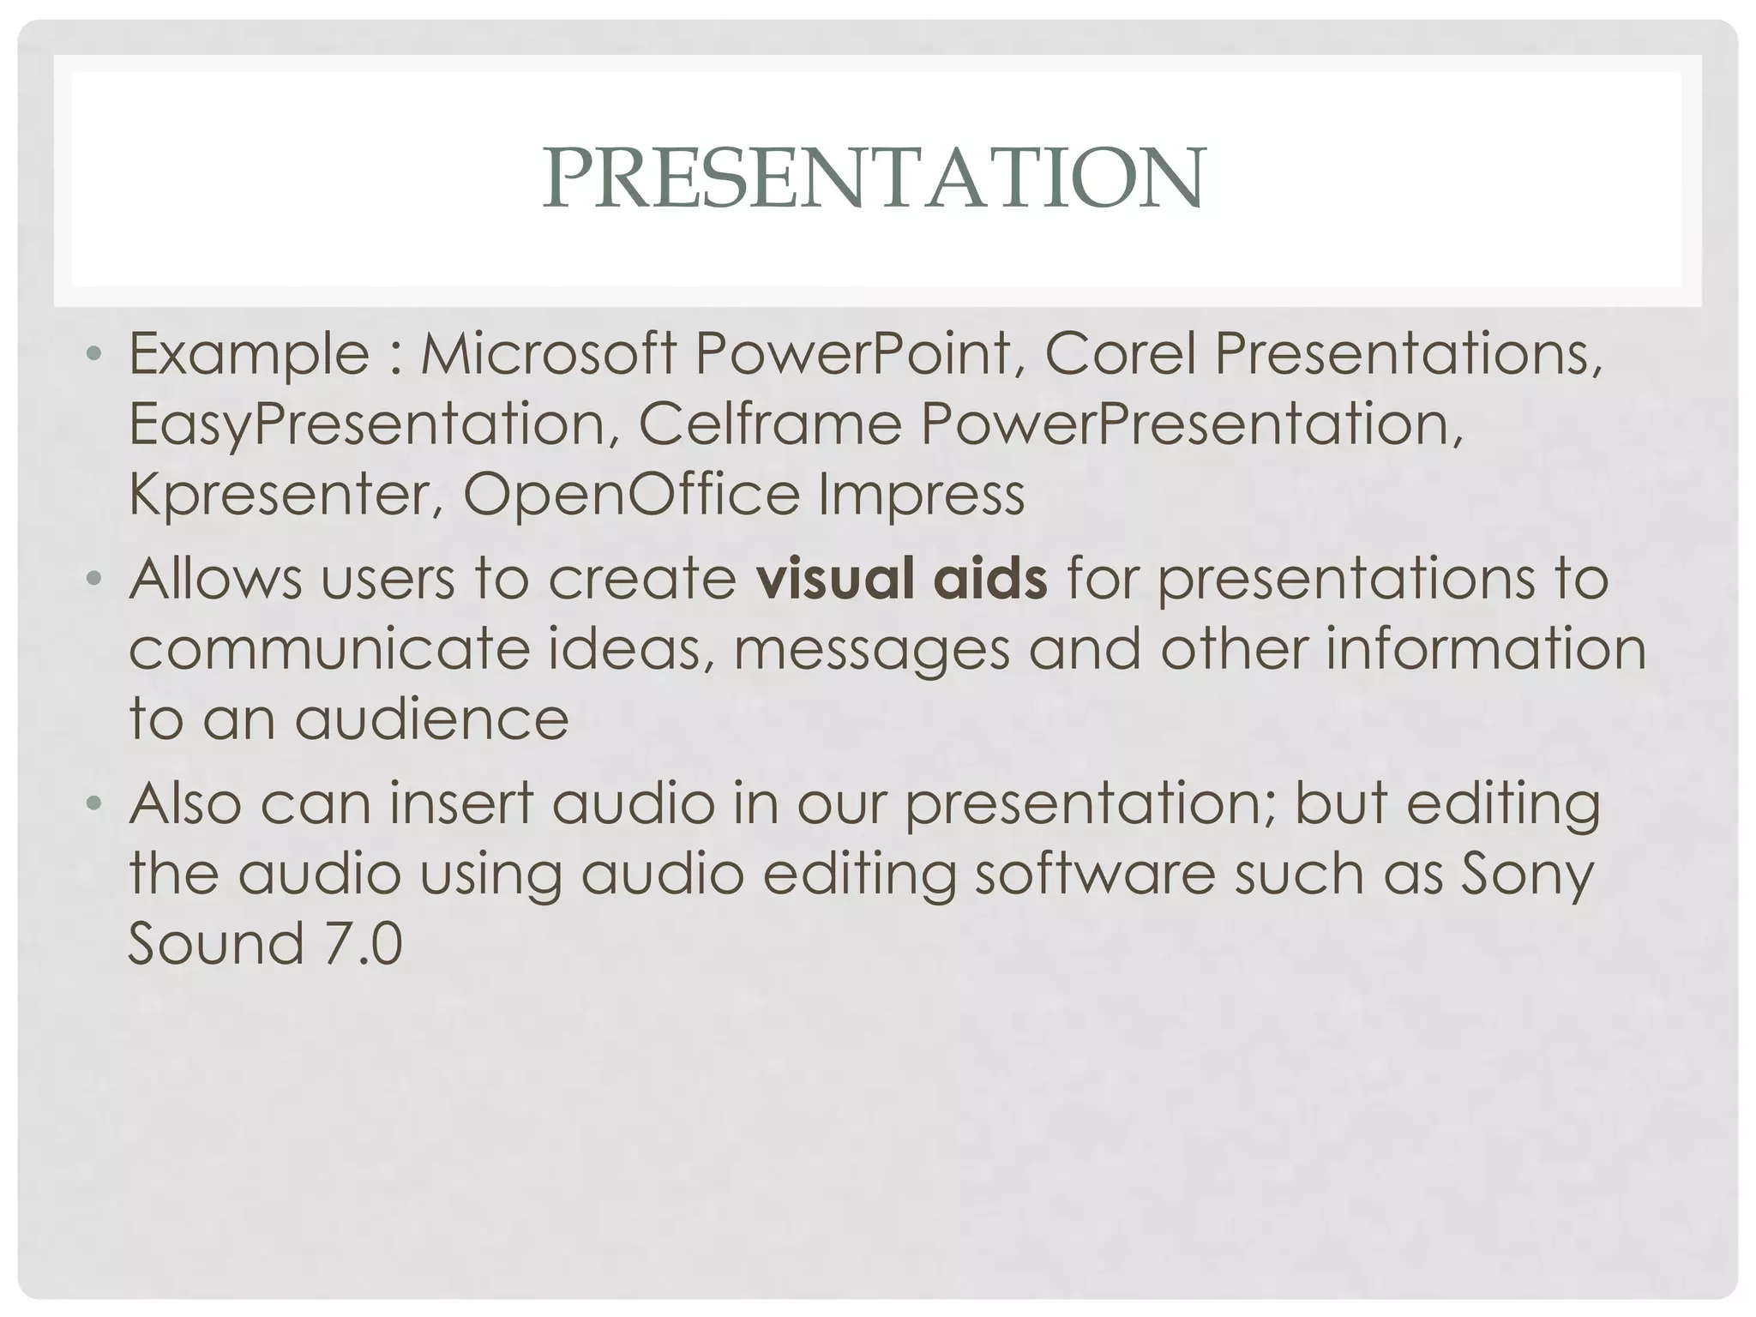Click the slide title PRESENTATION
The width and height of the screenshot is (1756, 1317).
874,177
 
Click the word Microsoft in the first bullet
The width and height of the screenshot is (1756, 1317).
548,354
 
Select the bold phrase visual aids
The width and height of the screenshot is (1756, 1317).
901,579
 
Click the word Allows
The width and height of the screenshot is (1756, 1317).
215,579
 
